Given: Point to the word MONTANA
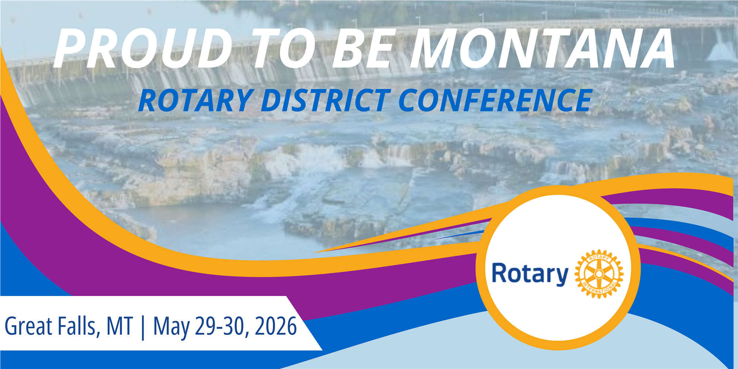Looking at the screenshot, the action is tap(542, 48).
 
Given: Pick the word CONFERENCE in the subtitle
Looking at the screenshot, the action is tap(495, 101).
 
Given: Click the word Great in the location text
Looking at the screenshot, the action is tap(28, 326).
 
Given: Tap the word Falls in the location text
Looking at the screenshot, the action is tap(79, 327).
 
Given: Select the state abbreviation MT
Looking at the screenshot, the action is tap(120, 326).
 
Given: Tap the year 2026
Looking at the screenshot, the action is tap(276, 326).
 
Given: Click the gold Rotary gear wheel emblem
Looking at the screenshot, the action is tap(599, 274).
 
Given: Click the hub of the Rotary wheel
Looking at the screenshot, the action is tap(599, 274).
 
